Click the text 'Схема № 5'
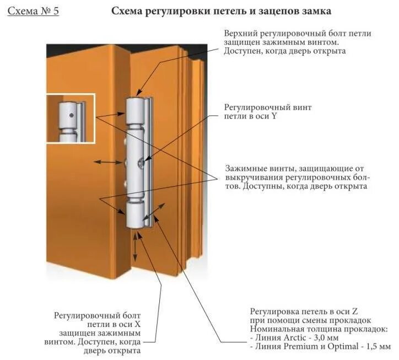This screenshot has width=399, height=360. (33, 11)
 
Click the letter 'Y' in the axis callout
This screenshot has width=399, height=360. (274, 116)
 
